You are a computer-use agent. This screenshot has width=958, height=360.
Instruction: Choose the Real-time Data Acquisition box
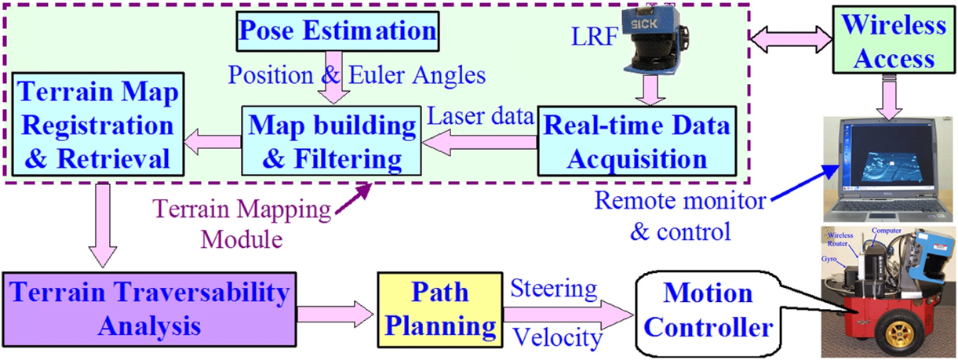tap(637, 140)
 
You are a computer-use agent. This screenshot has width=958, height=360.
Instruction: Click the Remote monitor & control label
tap(678, 216)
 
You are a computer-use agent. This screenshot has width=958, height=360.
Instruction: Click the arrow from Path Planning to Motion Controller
tap(565, 314)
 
